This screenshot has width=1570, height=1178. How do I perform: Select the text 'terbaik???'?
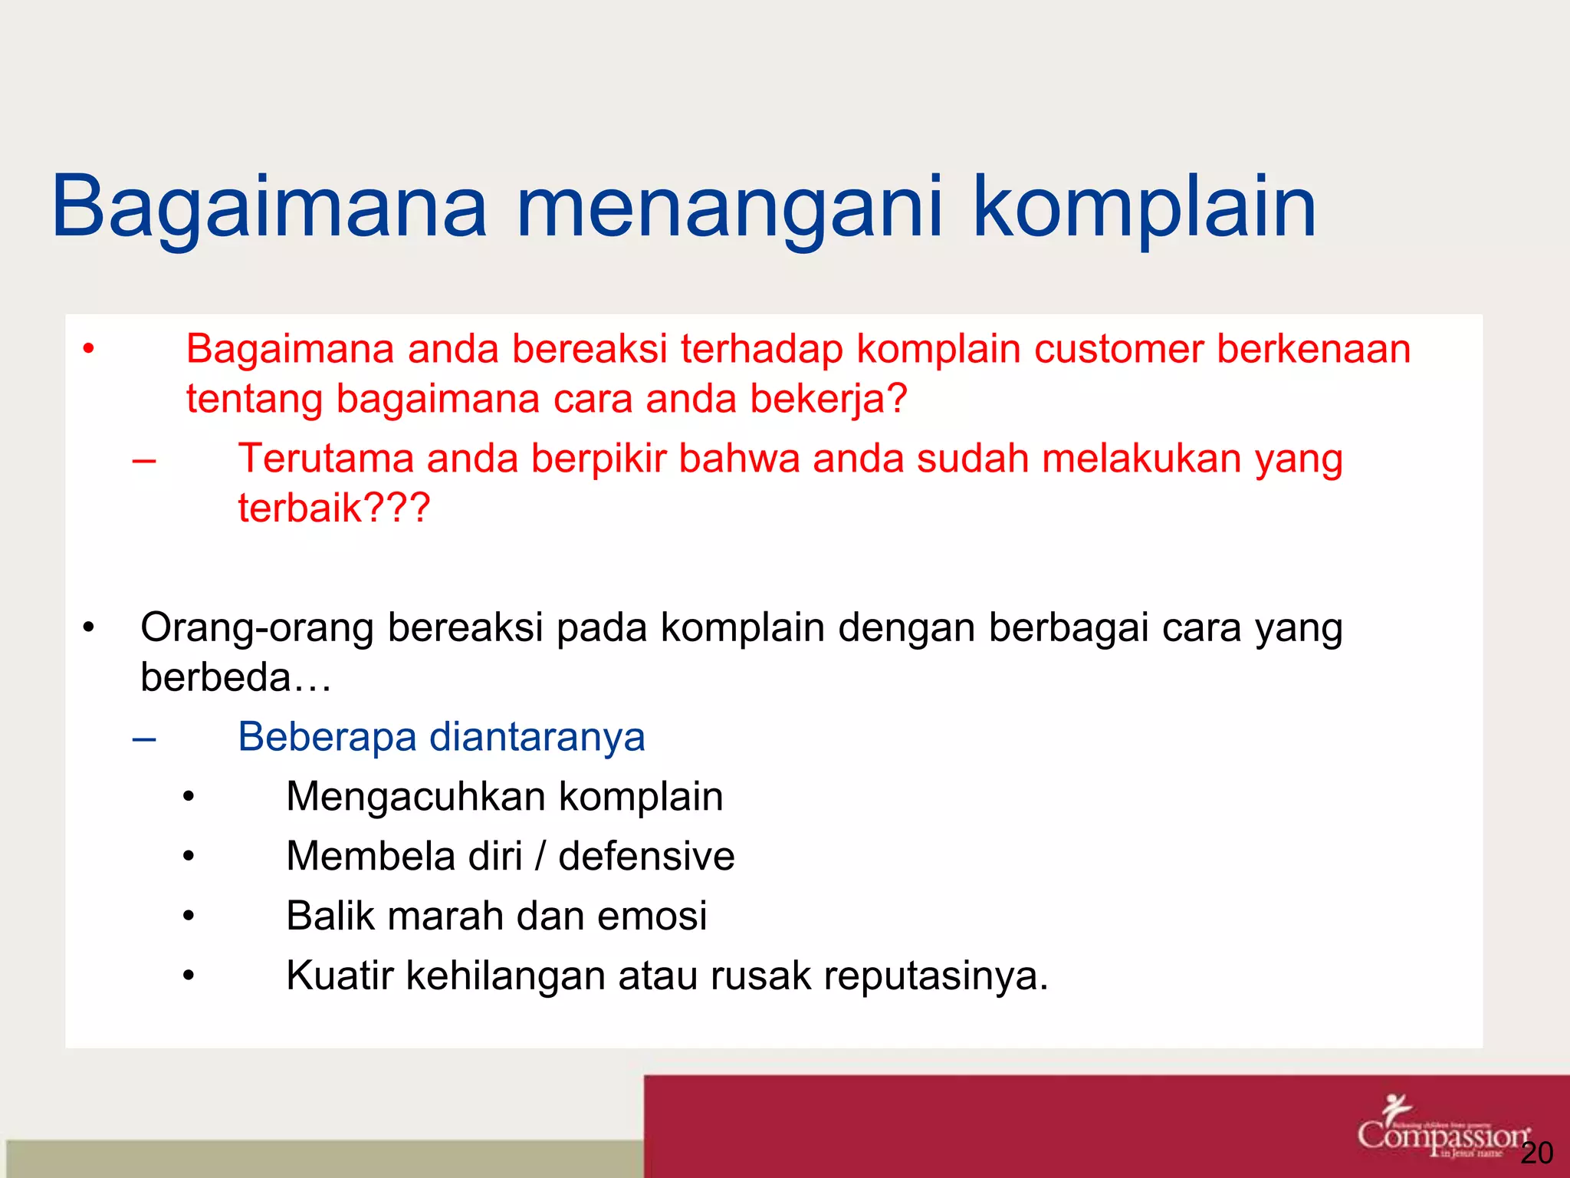tap(334, 508)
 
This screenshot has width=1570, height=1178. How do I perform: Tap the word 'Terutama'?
tap(325, 459)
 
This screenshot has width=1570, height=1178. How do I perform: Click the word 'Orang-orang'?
tap(257, 628)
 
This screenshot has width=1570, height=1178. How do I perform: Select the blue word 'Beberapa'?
tap(327, 737)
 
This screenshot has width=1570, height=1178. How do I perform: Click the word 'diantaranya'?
tap(537, 737)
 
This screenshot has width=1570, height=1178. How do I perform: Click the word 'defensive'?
tap(645, 856)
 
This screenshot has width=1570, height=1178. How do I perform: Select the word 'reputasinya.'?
tap(935, 976)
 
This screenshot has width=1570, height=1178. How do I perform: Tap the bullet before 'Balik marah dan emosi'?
tap(189, 916)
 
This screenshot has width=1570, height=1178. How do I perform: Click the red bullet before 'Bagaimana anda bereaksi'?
tap(89, 350)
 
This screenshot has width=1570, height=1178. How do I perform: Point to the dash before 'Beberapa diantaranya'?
tap(144, 739)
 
